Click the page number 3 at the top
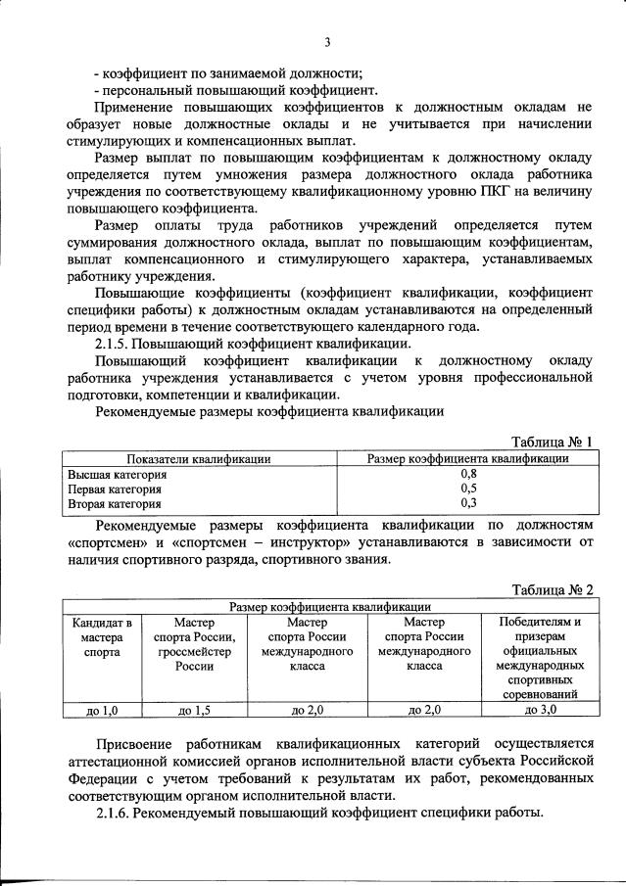pyautogui.click(x=328, y=41)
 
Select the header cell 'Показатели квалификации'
pyautogui.click(x=198, y=458)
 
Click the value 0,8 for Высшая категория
pyautogui.click(x=467, y=474)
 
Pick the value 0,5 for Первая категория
pyautogui.click(x=467, y=489)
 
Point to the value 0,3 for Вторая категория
pyautogui.click(x=467, y=503)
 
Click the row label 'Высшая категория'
pyautogui.click(x=117, y=474)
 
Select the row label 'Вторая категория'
pyautogui.click(x=114, y=503)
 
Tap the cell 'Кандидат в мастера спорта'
pyautogui.click(x=96, y=635)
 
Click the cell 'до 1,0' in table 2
pyautogui.click(x=96, y=709)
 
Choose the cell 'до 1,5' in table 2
pyautogui.click(x=194, y=709)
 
